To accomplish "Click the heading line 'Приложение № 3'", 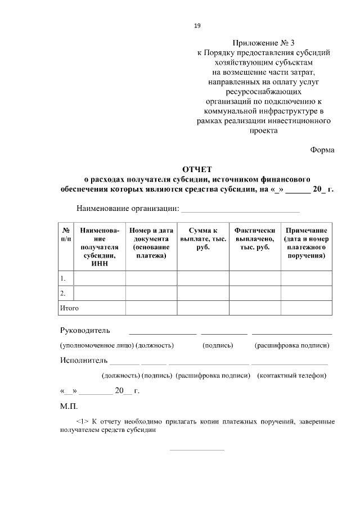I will tap(263, 42).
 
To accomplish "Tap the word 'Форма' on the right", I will tap(322, 150).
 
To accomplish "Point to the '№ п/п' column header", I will tap(66, 235).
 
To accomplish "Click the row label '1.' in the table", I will tap(63, 278).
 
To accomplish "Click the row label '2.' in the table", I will tap(63, 293).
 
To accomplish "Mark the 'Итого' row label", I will tap(69, 308).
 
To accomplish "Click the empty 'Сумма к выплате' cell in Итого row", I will tap(203, 308).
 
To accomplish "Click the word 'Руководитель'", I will tap(85, 330).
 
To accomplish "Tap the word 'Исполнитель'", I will tap(84, 360).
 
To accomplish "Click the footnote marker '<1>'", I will tap(82, 421).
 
